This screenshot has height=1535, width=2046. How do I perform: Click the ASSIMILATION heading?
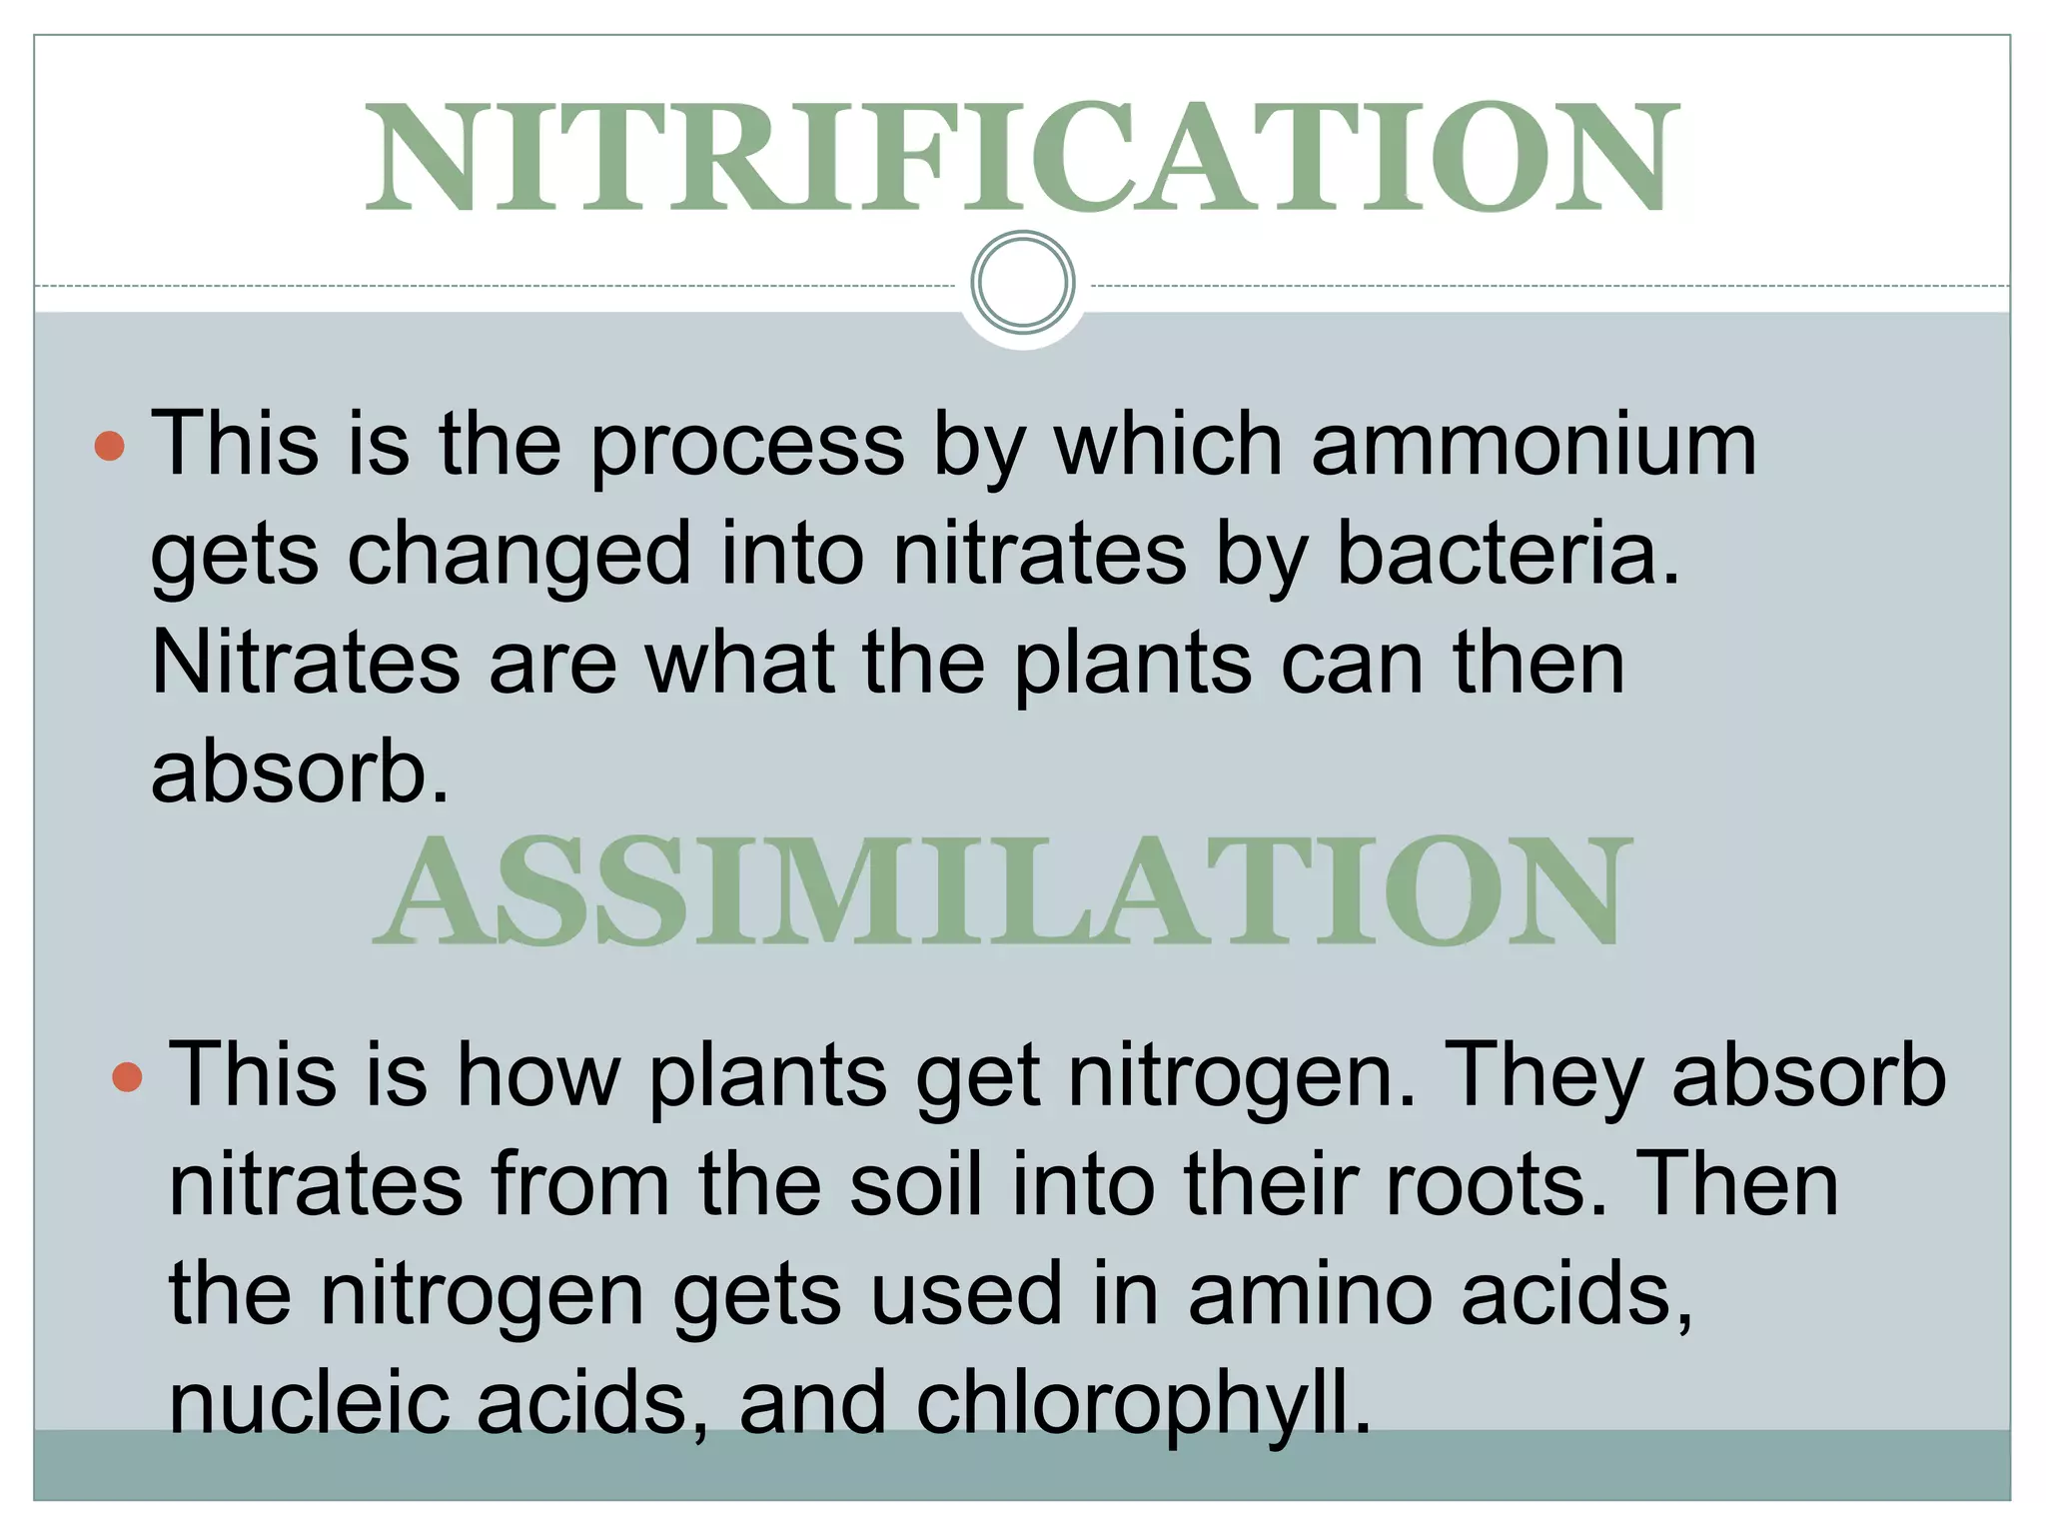click(x=1002, y=891)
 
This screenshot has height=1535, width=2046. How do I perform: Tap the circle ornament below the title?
click(x=1022, y=283)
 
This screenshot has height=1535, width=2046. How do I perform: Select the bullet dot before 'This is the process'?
click(x=109, y=446)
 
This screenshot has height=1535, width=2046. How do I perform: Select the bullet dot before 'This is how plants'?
click(x=127, y=1077)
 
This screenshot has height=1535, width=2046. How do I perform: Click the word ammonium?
click(x=1534, y=445)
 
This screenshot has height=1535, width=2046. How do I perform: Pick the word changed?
click(x=519, y=555)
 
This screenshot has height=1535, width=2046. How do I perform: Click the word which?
click(x=1169, y=445)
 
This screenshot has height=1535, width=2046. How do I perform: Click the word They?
click(x=1543, y=1076)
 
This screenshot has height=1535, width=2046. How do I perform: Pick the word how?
click(x=537, y=1076)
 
